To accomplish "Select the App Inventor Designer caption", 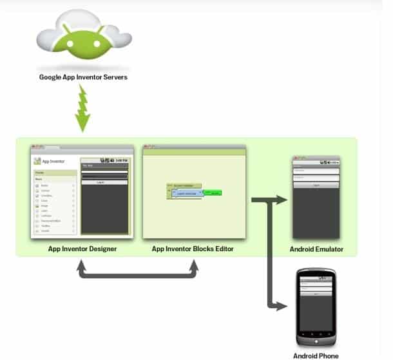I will pyautogui.click(x=82, y=249).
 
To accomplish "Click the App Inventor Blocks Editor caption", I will pyautogui.click(x=193, y=249).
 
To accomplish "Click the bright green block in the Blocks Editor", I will pyautogui.click(x=215, y=193).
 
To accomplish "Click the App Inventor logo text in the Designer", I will pyautogui.click(x=57, y=160).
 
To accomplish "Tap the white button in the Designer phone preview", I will pyautogui.click(x=104, y=182).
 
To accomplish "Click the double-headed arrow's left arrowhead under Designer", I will pyautogui.click(x=81, y=265).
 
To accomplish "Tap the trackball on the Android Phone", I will pyautogui.click(x=316, y=334).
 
